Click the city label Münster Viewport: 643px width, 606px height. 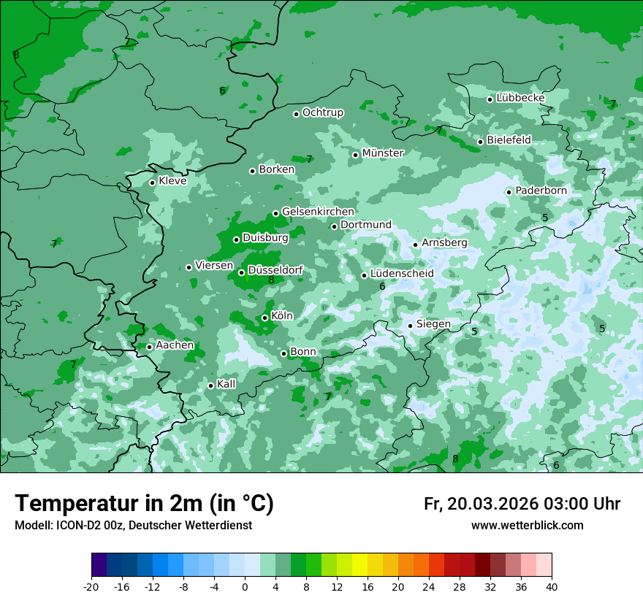click(383, 153)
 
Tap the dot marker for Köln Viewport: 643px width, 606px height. click(265, 318)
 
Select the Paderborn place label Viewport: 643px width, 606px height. click(541, 191)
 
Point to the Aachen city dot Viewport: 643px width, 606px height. click(149, 347)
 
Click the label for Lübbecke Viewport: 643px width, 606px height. click(520, 98)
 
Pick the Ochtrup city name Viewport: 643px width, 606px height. click(322, 112)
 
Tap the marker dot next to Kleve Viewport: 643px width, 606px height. click(152, 183)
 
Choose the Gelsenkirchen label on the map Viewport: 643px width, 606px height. click(318, 212)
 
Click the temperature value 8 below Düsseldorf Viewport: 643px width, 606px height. click(271, 280)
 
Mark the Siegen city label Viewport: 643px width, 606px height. click(433, 324)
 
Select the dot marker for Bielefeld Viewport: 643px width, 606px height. click(480, 142)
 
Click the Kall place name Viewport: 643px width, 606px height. click(227, 384)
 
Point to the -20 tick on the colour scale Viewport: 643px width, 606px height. click(91, 586)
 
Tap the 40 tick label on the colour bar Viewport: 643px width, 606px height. click(552, 586)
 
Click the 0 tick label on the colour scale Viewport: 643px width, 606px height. click(245, 586)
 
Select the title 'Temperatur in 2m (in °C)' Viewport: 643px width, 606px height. click(144, 504)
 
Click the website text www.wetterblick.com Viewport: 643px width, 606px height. click(527, 526)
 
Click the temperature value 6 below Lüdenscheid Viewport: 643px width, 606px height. click(382, 287)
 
